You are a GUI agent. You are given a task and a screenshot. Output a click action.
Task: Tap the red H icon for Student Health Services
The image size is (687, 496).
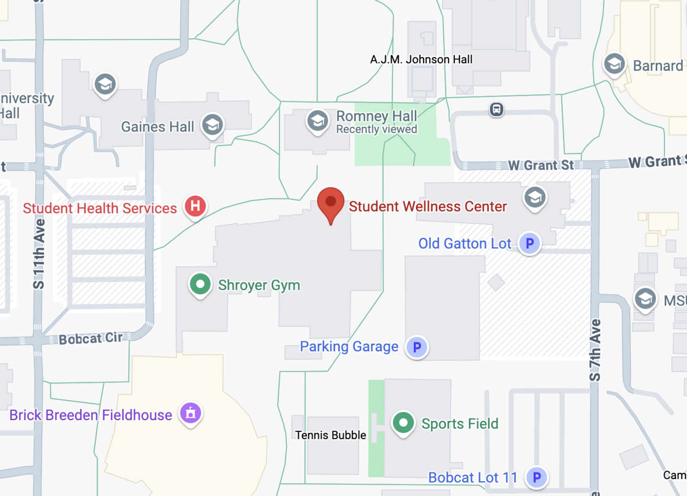click(x=195, y=206)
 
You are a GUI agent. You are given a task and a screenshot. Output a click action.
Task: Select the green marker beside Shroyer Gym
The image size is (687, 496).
click(x=200, y=284)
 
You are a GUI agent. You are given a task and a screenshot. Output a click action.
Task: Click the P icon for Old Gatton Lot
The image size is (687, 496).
click(x=529, y=243)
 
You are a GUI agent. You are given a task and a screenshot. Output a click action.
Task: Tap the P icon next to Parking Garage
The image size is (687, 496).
click(x=417, y=347)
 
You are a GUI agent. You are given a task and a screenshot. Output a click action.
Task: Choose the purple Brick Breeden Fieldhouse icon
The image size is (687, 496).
click(x=191, y=413)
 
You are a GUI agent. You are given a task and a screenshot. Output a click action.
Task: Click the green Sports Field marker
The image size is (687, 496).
click(x=403, y=422)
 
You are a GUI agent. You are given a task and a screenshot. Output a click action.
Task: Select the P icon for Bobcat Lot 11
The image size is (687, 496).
click(x=536, y=477)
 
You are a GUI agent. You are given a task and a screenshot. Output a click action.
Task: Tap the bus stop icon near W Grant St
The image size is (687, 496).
click(x=496, y=109)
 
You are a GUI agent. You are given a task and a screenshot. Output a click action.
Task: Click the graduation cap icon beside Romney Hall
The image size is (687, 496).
click(x=318, y=121)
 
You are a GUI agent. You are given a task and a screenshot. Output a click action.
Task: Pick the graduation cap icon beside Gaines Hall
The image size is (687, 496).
click(x=212, y=125)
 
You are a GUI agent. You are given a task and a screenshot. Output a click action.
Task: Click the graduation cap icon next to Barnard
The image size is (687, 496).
click(x=614, y=64)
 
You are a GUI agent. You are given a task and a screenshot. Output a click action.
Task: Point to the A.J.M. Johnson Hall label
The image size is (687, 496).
click(x=421, y=59)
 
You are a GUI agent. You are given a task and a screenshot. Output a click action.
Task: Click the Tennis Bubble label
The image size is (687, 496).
click(x=330, y=435)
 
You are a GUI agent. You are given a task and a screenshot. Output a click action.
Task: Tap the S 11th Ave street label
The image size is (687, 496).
click(x=39, y=254)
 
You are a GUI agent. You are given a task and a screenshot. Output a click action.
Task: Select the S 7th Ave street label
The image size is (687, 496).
click(x=595, y=350)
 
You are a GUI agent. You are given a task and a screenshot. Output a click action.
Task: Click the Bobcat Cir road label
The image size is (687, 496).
click(x=91, y=339)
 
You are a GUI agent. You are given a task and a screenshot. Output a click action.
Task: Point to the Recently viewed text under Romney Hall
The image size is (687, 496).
click(x=377, y=129)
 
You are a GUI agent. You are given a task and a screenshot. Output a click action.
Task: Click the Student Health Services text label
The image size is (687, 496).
click(x=100, y=208)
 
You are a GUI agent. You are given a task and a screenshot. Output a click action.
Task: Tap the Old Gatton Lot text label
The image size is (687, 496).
click(x=465, y=243)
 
